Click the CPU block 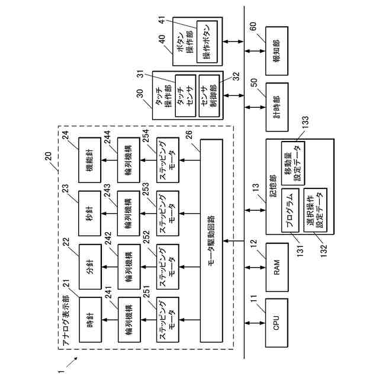(277, 323)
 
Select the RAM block (277, 267)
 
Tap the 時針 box (91, 320)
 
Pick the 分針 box (91, 266)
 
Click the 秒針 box (89, 213)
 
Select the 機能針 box (89, 160)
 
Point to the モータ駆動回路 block (211, 240)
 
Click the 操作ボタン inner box (207, 42)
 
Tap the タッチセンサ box (185, 96)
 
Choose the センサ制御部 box (209, 96)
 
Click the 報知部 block (277, 51)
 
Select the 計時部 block (277, 107)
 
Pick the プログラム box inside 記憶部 (290, 210)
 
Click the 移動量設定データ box (293, 163)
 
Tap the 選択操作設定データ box (316, 210)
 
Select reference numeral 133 (306, 124)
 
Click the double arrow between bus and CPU (255, 323)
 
